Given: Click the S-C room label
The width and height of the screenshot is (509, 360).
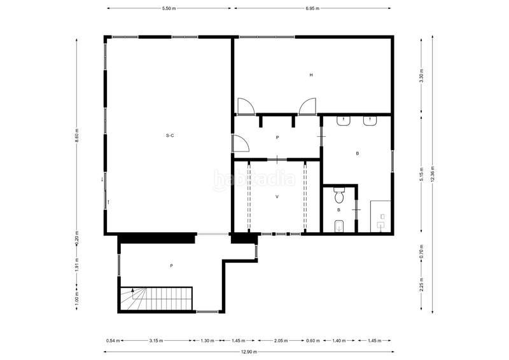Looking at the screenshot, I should click(170, 135).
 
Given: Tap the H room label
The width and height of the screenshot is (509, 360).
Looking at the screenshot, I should click(311, 75).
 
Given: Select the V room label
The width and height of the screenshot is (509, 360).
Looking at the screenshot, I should click(277, 197).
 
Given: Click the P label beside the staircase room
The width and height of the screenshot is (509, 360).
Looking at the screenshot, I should click(171, 265).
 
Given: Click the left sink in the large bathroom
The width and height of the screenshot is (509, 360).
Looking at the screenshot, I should click(344, 120).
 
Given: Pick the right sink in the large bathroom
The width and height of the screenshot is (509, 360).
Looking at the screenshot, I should click(369, 120).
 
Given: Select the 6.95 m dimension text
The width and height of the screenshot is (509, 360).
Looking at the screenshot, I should click(312, 9).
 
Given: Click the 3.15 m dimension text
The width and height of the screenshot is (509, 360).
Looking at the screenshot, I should click(156, 341).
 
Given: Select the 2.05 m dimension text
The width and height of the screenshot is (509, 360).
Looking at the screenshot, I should click(281, 341).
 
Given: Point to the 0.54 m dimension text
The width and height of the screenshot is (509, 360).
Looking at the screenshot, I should click(112, 341).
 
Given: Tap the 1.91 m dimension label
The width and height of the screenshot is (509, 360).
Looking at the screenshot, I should click(76, 264).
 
